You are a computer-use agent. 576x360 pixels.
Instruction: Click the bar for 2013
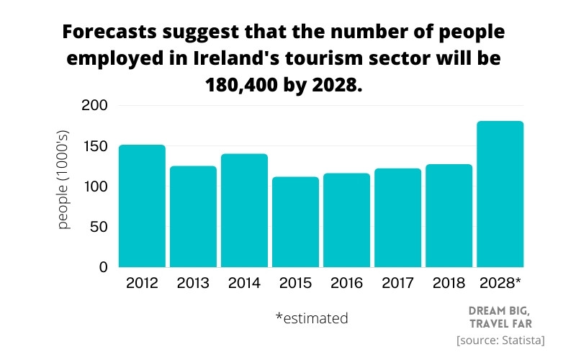193,216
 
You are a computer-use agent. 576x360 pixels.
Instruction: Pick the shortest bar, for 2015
295,221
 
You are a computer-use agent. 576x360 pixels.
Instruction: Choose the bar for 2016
346,220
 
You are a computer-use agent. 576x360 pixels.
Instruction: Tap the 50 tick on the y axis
99,227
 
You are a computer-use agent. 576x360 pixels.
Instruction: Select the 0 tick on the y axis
103,267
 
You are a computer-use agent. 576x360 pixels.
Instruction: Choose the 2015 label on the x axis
295,283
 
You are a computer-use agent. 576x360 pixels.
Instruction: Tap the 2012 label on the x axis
142,283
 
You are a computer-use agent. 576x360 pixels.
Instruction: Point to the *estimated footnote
311,318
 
